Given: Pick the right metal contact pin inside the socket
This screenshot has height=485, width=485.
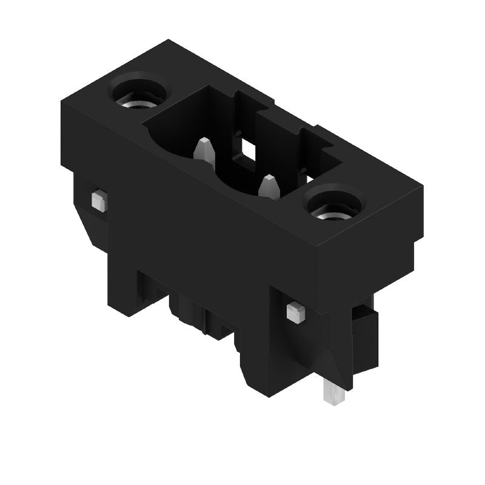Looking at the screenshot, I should coord(269,186).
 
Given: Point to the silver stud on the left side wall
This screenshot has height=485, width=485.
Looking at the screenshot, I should coord(98,200).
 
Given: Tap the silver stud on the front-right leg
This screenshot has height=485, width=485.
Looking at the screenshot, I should coord(295,312).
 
